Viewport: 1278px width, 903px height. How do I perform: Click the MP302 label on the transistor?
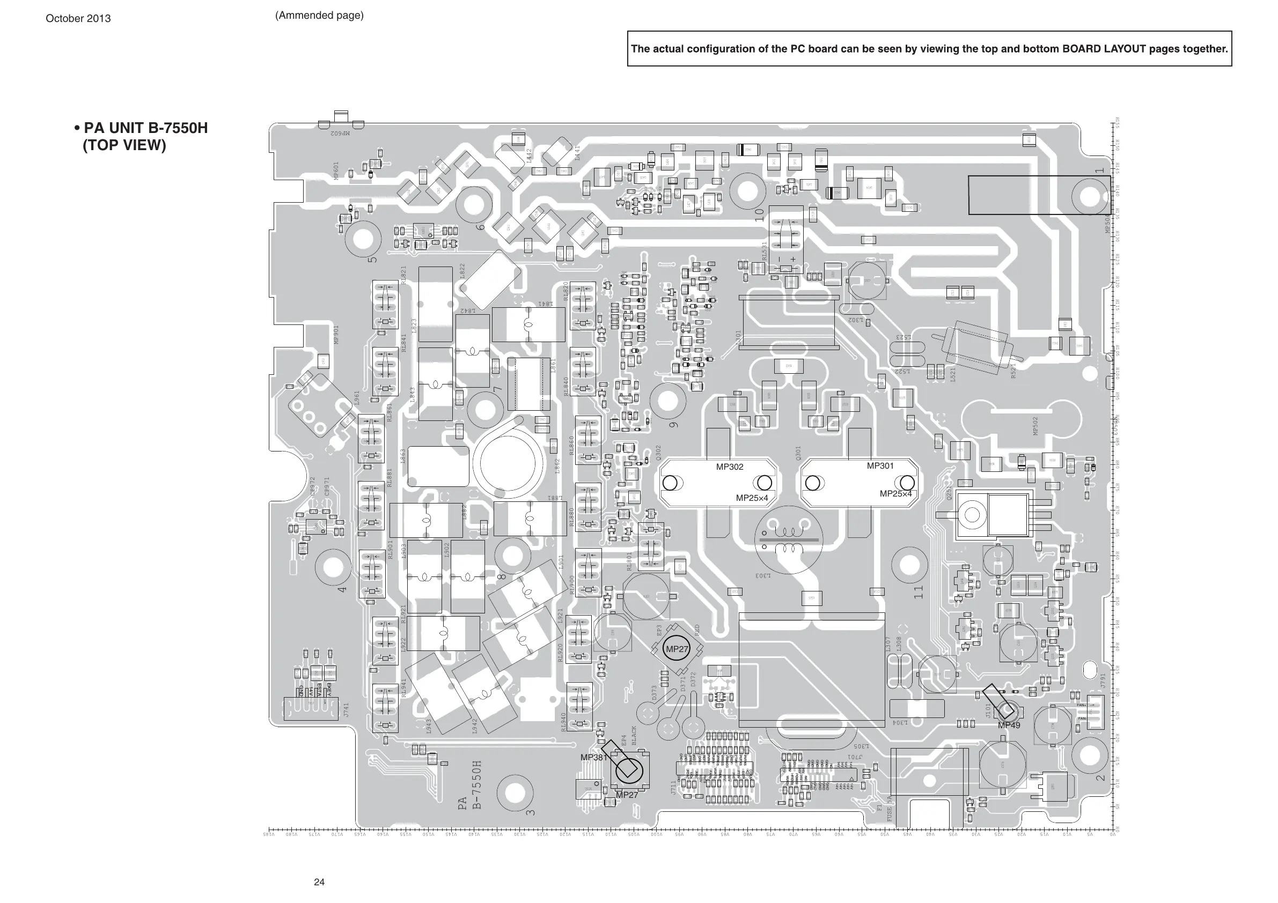point(729,467)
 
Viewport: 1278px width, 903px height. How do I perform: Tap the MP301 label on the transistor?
point(880,465)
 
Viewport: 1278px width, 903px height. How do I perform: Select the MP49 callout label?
point(1009,726)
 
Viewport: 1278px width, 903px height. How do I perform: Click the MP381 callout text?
point(593,757)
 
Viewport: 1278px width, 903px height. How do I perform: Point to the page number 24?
point(319,882)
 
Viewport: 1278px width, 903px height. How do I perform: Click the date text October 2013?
point(78,18)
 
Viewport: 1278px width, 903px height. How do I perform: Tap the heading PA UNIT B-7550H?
point(145,128)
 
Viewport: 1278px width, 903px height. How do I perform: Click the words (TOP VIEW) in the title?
point(124,145)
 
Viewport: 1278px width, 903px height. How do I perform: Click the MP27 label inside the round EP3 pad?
point(677,649)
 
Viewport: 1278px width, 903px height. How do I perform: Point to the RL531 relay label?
point(764,251)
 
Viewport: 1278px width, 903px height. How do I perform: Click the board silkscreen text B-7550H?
point(477,784)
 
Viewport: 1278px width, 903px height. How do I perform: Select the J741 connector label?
point(346,709)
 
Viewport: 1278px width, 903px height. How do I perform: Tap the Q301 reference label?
point(798,454)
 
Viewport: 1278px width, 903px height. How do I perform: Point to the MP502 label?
point(1036,426)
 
